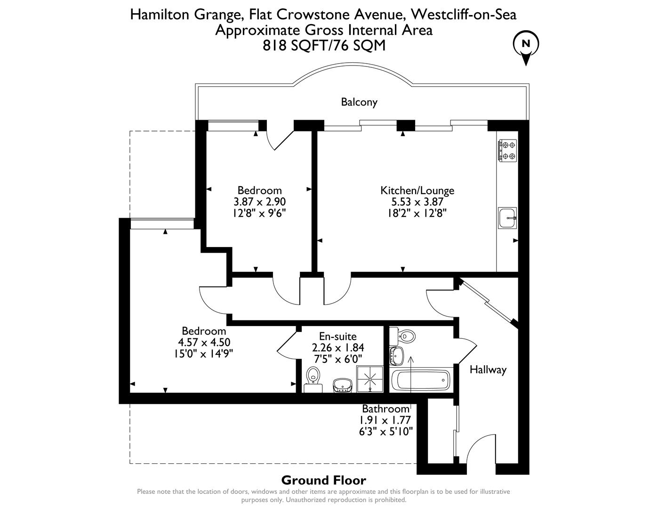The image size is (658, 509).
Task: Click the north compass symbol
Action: click(x=526, y=46)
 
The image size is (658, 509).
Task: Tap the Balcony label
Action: click(x=359, y=102)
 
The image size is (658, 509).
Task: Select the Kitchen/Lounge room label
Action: click(x=417, y=190)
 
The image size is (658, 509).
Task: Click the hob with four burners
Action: click(x=508, y=150)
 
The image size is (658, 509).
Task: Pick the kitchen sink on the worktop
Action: click(x=507, y=218)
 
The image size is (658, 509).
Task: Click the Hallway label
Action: click(x=488, y=369)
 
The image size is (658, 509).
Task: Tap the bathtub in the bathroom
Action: click(x=421, y=379)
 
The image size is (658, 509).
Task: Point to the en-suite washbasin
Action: click(x=342, y=385)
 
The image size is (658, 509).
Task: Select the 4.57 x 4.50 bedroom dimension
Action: click(x=204, y=342)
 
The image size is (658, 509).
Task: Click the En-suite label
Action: click(x=338, y=337)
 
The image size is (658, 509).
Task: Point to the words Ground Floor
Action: click(x=323, y=480)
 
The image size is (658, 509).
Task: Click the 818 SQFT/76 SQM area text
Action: click(x=324, y=46)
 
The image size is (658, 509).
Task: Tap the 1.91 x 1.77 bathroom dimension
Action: click(x=385, y=420)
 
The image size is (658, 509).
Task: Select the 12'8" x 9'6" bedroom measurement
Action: click(x=259, y=213)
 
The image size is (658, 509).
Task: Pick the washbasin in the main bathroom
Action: click(x=397, y=355)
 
